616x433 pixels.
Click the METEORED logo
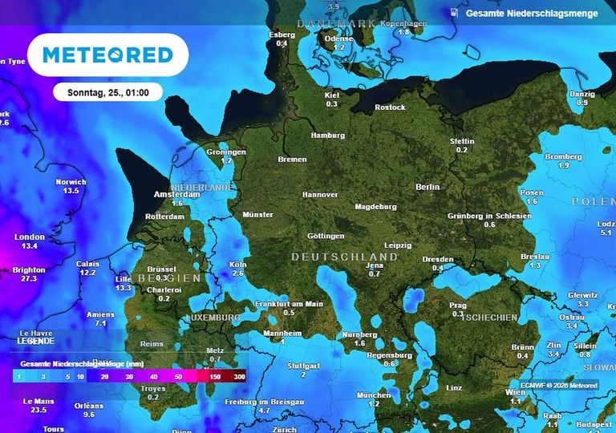[x=107, y=55]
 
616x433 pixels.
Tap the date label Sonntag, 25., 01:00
[x=107, y=92]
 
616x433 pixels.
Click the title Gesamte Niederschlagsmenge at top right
[x=531, y=14]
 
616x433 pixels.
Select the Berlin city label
[x=428, y=187]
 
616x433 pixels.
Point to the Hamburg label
[x=327, y=136]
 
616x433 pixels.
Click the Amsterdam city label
[x=176, y=194]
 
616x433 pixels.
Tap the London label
[x=30, y=237]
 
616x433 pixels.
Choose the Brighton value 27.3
[x=29, y=279]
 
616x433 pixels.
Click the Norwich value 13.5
[x=71, y=191]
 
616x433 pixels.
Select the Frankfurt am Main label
[x=289, y=304]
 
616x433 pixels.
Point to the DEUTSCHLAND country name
[x=344, y=257]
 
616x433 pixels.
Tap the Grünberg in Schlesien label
[x=489, y=216]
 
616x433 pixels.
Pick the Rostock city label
[x=390, y=107]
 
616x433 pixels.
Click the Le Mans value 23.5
[x=38, y=410]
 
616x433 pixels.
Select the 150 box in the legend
[x=215, y=375]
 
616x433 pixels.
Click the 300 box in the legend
[x=239, y=375]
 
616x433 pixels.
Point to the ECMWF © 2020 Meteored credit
[x=558, y=386]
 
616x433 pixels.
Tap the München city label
[x=374, y=395]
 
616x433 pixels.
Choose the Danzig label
[x=582, y=94]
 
